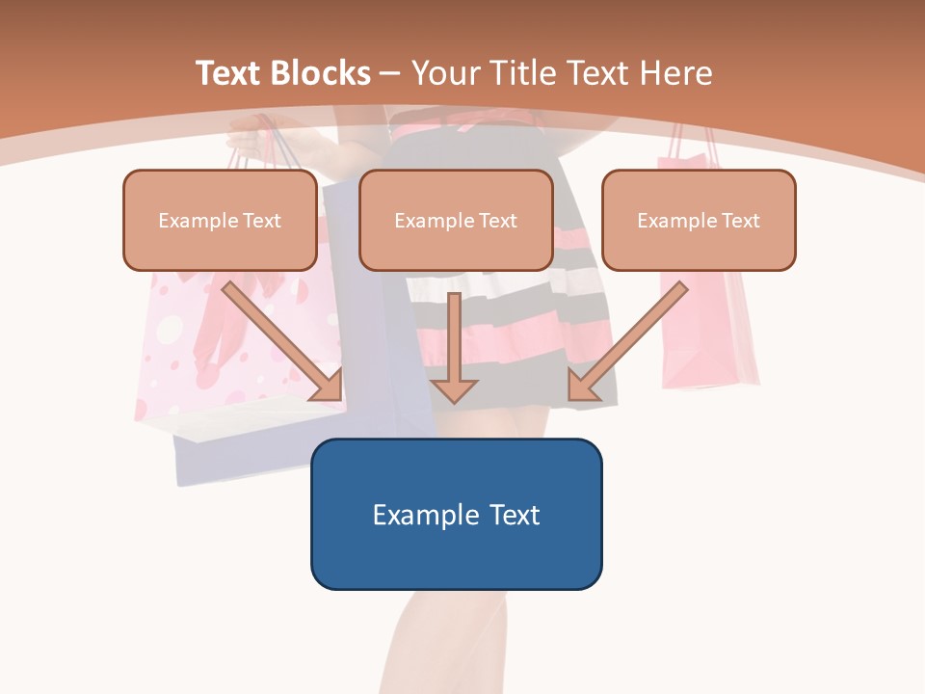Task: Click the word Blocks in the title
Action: coord(323,73)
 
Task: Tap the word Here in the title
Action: coord(676,73)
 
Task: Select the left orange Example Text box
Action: coord(220,220)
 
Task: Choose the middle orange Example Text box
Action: coord(456,220)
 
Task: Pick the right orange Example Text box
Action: coord(699,220)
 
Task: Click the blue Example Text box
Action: coord(456,514)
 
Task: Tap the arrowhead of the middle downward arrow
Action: coord(455,389)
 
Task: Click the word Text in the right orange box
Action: coord(740,221)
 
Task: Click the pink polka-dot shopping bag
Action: coord(173,337)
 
